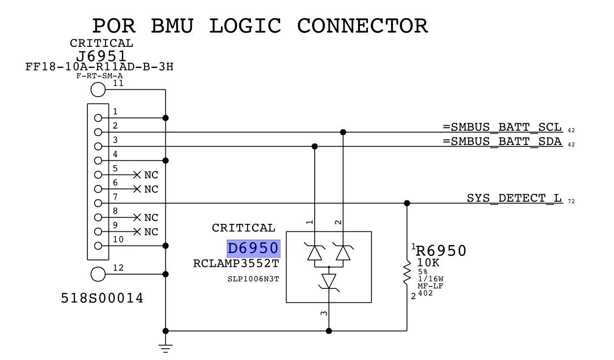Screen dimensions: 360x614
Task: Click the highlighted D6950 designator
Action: click(x=253, y=249)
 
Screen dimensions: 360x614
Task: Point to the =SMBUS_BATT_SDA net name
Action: click(x=502, y=142)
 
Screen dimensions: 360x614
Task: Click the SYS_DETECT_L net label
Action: click(x=514, y=198)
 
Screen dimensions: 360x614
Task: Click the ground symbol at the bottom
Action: click(x=165, y=347)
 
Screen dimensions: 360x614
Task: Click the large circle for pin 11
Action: click(x=98, y=90)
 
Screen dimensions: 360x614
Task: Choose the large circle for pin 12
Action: click(x=98, y=274)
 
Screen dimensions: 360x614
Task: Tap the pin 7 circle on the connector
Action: click(x=98, y=203)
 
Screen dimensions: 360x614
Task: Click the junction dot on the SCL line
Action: click(x=343, y=132)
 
